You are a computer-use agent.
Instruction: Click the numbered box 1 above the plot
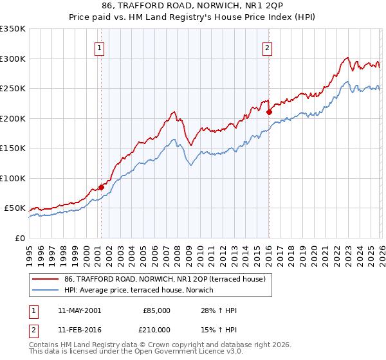tap(100, 47)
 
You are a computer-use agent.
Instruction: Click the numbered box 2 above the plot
tap(267, 47)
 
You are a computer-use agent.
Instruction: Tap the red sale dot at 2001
tap(101, 187)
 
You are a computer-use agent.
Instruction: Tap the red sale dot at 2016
tap(269, 112)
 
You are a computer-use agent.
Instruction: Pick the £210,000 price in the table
tap(156, 330)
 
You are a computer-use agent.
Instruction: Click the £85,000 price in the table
tap(156, 310)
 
